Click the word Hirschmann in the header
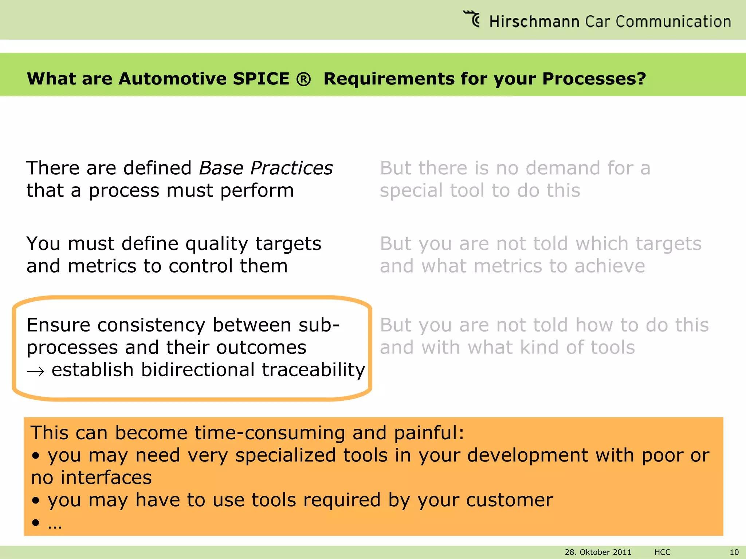click(x=534, y=21)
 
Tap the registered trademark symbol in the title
click(x=303, y=79)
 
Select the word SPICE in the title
click(x=261, y=79)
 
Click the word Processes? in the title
click(x=594, y=79)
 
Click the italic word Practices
click(x=291, y=168)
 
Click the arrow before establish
click(x=36, y=371)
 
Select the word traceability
click(x=313, y=370)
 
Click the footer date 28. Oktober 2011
click(x=598, y=552)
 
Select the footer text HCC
click(x=662, y=552)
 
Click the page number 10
click(x=734, y=552)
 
